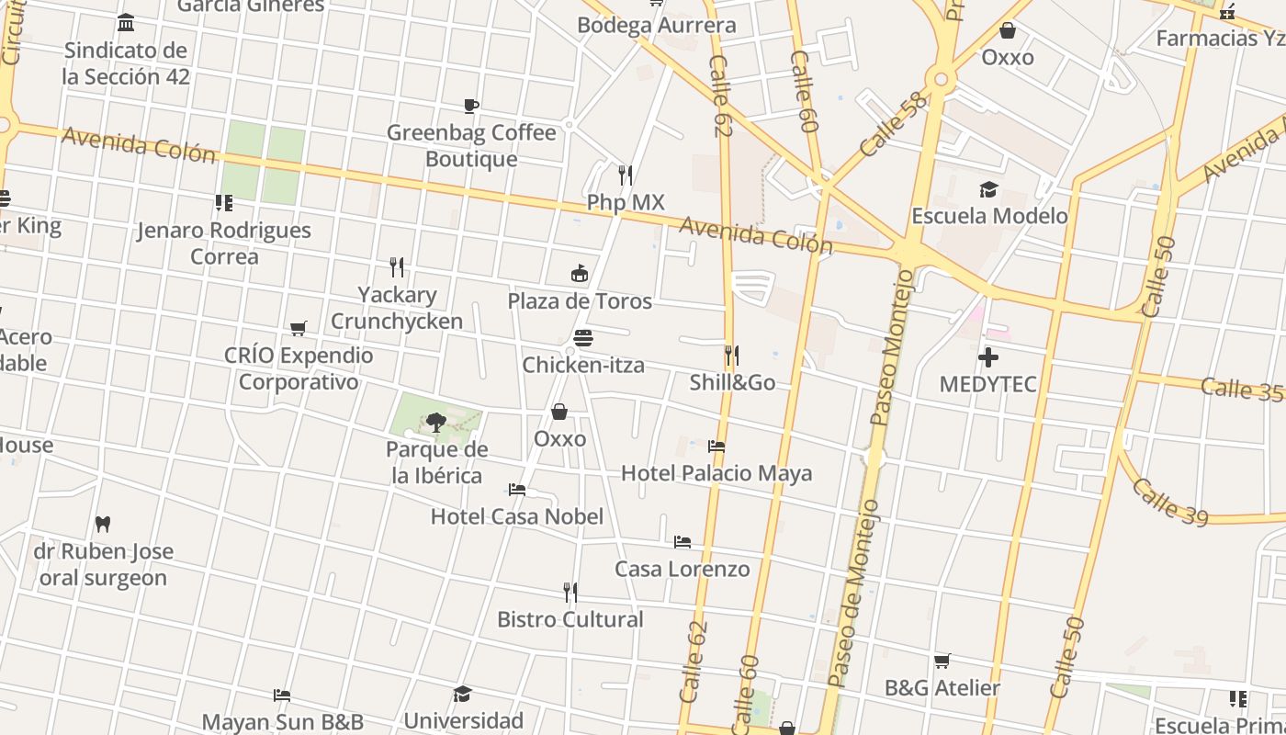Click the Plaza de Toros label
pos(580,301)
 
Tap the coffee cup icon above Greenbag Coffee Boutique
pos(470,106)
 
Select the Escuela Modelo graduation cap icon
pos(988,189)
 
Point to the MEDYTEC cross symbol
pos(988,356)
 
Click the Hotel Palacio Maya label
pos(716,473)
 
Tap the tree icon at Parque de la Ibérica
pos(435,423)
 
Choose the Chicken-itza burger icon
pos(582,338)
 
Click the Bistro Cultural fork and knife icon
pos(570,592)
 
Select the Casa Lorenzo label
pos(682,569)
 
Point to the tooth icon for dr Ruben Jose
pos(103,524)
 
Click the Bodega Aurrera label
pos(656,25)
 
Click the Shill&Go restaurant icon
pos(732,355)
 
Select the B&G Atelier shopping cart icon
pos(942,661)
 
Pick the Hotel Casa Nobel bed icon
pos(517,490)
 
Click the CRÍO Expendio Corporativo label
pos(299,368)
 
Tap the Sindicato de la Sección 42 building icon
pos(126,22)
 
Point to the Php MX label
pos(626,202)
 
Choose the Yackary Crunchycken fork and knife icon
pos(397,267)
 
